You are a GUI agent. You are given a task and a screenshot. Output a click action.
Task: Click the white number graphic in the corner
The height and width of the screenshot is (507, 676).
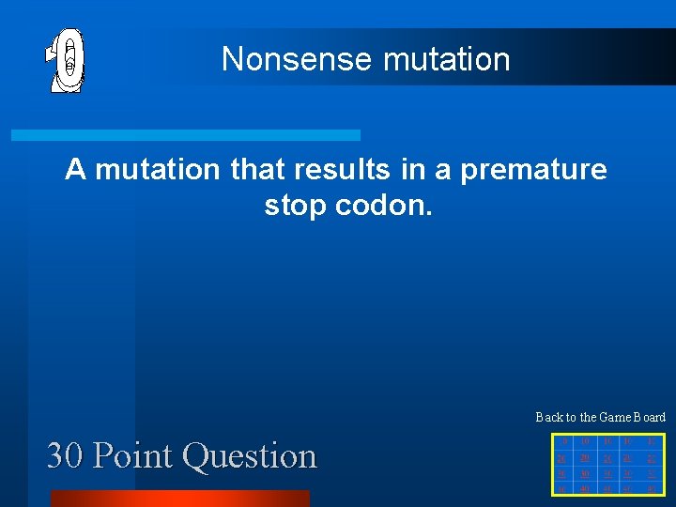[66, 59]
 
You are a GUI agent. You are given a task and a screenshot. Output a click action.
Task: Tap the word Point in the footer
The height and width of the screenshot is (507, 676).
[134, 456]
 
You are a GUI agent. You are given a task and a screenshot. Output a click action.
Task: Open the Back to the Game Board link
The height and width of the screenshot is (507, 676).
[600, 417]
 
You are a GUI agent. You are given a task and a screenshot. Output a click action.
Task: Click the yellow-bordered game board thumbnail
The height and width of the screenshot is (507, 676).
[608, 463]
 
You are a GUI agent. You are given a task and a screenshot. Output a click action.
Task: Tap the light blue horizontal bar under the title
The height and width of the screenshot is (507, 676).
[185, 135]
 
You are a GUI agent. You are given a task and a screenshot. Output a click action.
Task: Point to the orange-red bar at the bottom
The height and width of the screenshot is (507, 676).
[179, 498]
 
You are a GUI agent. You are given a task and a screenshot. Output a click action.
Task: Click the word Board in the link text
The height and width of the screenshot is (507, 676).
[649, 417]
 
